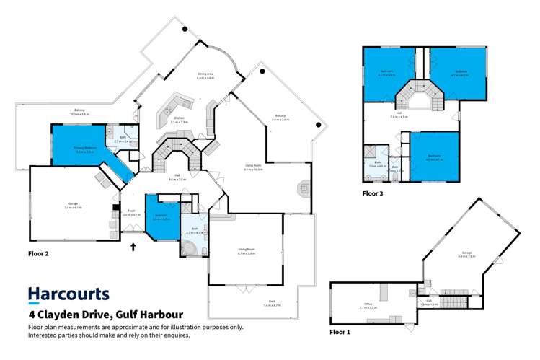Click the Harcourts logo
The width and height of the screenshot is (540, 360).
pyautogui.click(x=68, y=294)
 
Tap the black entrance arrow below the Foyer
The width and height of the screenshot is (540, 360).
pyautogui.click(x=133, y=247)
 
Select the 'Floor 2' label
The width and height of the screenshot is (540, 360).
pyautogui.click(x=37, y=254)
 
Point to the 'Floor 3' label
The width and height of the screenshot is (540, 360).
pyautogui.click(x=373, y=194)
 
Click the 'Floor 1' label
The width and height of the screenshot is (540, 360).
pyautogui.click(x=340, y=333)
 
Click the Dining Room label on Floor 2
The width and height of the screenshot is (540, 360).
pyautogui.click(x=246, y=251)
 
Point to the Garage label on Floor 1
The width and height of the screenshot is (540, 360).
pyautogui.click(x=466, y=253)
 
